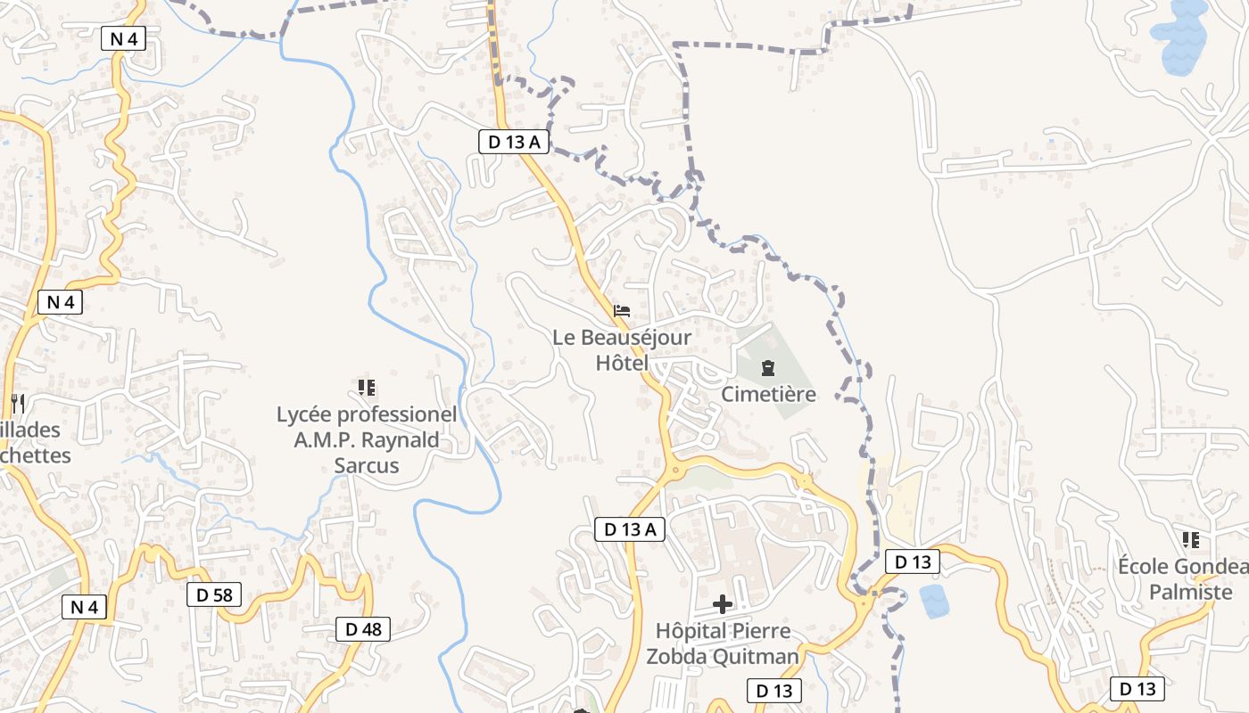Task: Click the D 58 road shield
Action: pos(214,594)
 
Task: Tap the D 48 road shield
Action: pos(363,629)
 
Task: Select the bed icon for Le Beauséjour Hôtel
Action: pos(622,311)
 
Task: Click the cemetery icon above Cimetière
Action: pos(767,367)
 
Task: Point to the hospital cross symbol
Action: pos(723,604)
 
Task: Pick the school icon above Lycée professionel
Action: pos(366,388)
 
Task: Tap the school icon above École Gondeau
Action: pos(1190,539)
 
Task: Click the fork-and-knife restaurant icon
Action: pos(17,403)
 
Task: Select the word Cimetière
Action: pos(768,394)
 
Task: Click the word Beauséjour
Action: pos(635,338)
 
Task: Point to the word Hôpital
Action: pos(692,631)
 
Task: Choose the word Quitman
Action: pos(755,657)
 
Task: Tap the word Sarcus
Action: pos(366,465)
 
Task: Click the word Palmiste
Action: pos(1190,592)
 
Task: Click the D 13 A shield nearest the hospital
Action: pos(629,529)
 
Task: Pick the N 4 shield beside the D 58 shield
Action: pos(84,607)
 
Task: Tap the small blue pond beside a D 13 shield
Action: pos(934,601)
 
